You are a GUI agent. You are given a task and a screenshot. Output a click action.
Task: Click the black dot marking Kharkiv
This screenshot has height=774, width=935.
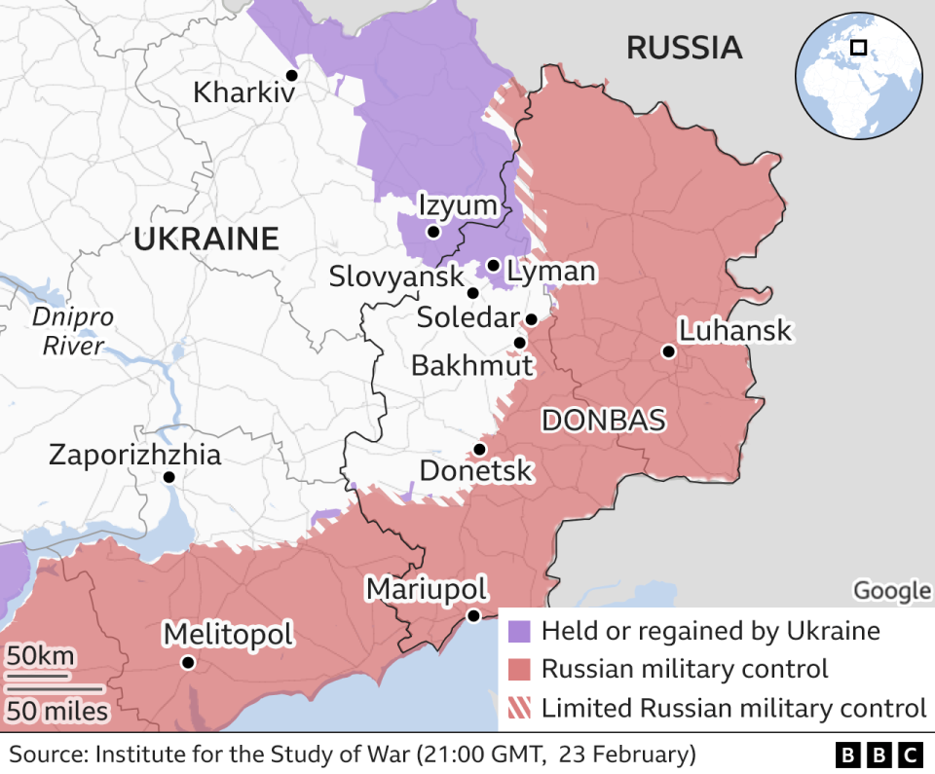[x=291, y=75]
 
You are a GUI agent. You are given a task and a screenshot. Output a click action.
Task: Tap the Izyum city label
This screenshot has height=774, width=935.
[x=457, y=206]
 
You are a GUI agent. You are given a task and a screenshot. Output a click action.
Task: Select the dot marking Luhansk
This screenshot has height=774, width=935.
[x=669, y=351]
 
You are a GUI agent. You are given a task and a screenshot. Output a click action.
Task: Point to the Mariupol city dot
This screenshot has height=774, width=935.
[x=473, y=615]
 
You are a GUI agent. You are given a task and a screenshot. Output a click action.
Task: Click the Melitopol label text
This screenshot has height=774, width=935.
[x=227, y=634]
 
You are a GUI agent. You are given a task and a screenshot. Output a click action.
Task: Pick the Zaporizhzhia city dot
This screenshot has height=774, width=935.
[x=168, y=477]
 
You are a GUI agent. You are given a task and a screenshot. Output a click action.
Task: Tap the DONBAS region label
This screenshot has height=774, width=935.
[x=603, y=421]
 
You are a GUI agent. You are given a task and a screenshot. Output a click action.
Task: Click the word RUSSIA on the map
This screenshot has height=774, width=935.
[x=684, y=48]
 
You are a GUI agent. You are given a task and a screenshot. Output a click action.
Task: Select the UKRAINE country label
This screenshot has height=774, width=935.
[x=206, y=239]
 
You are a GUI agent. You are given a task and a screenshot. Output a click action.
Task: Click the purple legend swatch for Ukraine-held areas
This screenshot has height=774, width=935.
[x=520, y=631]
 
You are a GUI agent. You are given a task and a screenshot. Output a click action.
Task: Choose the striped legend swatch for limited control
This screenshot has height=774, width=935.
[x=520, y=708]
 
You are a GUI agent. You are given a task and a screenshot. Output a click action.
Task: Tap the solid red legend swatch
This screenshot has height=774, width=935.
[x=520, y=669]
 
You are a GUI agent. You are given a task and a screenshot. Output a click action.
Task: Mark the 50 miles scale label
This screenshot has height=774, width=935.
[x=57, y=712]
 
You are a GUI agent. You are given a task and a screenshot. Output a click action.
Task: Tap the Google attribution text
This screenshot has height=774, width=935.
[x=891, y=590]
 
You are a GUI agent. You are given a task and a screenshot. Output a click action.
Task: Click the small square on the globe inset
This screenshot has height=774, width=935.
[x=858, y=47]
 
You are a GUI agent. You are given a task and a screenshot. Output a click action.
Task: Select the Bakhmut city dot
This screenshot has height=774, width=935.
[x=520, y=343]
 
